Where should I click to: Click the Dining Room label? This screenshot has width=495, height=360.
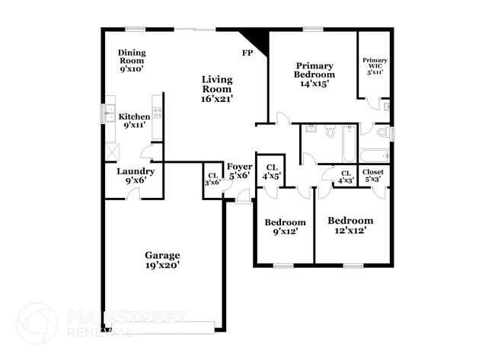pyautogui.click(x=132, y=60)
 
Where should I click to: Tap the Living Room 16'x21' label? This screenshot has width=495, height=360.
pyautogui.click(x=217, y=88)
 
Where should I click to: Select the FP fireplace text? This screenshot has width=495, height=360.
pyautogui.click(x=247, y=53)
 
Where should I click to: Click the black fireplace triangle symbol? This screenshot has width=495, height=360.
pyautogui.click(x=257, y=40)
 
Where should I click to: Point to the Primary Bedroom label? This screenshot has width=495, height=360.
pyautogui.click(x=315, y=75)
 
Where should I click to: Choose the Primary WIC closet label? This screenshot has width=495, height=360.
pyautogui.click(x=375, y=66)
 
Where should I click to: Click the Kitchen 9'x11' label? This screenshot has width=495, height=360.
pyautogui.click(x=134, y=121)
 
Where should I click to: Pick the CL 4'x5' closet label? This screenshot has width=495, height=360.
pyautogui.click(x=271, y=171)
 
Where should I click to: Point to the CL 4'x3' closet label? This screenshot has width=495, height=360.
pyautogui.click(x=346, y=176)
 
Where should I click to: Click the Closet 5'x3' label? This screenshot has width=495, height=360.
pyautogui.click(x=373, y=176)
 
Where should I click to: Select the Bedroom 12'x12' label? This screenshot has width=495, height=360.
pyautogui.click(x=351, y=225)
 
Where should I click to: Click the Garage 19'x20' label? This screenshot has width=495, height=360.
pyautogui.click(x=163, y=260)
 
